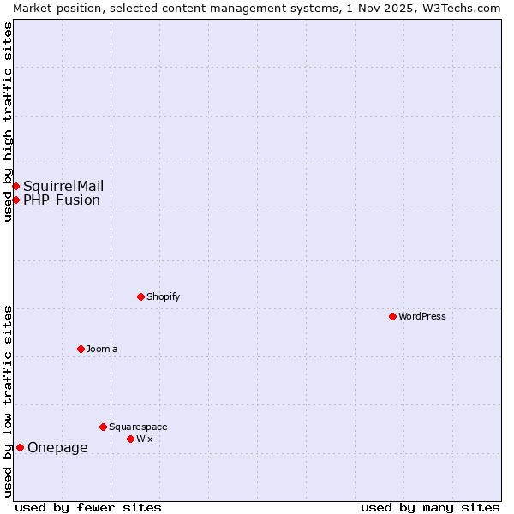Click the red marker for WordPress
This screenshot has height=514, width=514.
(392, 316)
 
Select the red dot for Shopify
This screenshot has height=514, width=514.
(140, 296)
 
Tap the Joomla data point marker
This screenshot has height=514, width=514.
(81, 349)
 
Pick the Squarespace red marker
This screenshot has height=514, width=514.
(103, 427)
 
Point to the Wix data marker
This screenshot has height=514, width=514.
(130, 439)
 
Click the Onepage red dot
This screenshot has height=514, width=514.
(20, 447)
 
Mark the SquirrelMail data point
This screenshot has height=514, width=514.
(15, 186)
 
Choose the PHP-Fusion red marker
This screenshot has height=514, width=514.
(15, 200)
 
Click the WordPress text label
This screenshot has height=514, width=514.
(422, 316)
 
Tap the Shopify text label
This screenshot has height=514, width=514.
(163, 296)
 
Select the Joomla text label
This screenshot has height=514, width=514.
(102, 349)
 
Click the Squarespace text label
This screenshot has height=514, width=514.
(138, 427)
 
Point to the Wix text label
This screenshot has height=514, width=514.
(144, 439)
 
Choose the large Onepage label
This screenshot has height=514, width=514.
(57, 447)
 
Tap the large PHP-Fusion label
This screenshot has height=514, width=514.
(62, 200)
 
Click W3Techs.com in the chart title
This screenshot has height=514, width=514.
(461, 8)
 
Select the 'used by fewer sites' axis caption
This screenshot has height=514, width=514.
(88, 507)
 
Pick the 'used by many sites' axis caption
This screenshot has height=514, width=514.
(430, 507)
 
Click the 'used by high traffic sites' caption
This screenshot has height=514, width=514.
(8, 122)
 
